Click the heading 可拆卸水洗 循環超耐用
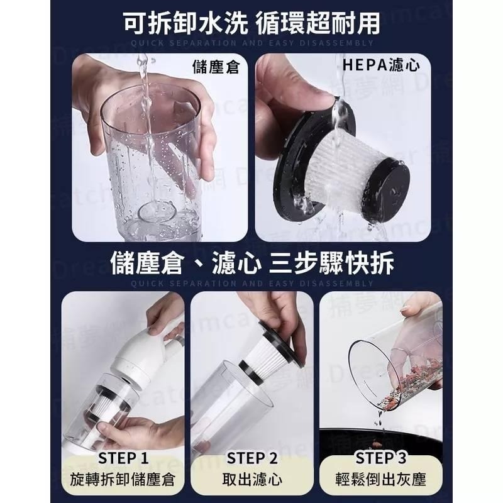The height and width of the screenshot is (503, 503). pos(251,24)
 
